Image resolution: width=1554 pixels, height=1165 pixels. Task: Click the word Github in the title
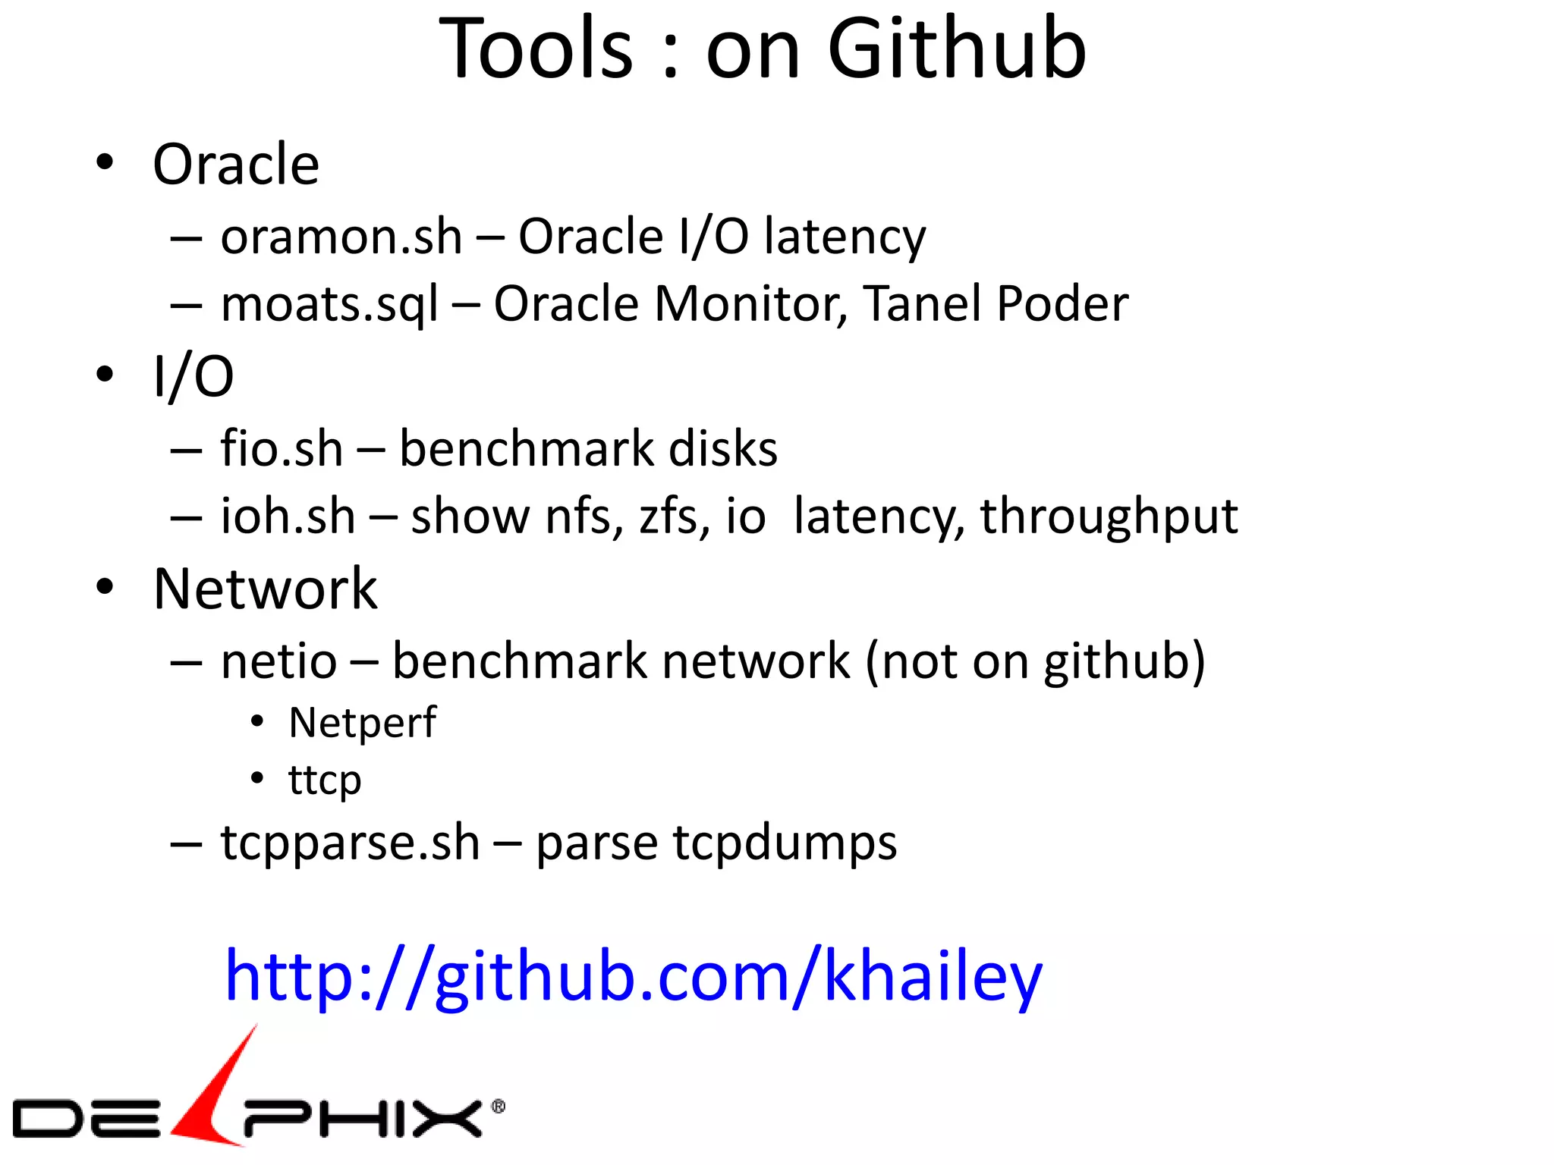957,49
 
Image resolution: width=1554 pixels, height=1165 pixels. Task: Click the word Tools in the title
536,49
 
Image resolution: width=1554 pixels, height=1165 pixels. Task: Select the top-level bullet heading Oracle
236,165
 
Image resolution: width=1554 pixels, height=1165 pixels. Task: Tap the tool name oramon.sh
341,237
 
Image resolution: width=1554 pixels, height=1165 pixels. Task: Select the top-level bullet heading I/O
193,376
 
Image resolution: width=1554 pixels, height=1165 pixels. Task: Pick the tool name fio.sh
282,448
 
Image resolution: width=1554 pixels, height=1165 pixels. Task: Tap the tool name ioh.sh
288,517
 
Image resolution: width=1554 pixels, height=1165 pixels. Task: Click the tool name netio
278,661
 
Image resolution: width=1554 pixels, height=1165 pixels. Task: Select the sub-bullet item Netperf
362,723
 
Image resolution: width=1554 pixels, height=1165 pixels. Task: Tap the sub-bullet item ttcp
325,780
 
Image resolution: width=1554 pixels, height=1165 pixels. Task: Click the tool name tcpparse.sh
350,843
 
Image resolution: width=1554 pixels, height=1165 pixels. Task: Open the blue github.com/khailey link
634,977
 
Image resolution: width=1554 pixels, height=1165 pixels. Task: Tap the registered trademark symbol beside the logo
499,1107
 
